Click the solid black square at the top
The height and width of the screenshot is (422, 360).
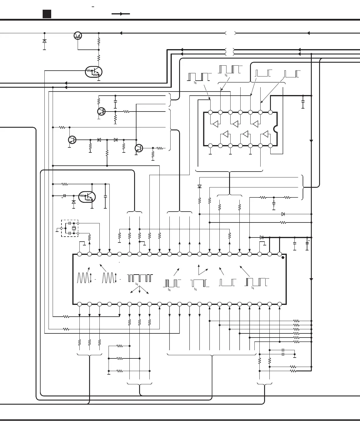pos(47,14)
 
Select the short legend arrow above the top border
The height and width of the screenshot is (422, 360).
pos(121,14)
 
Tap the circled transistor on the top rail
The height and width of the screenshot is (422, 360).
pos(78,36)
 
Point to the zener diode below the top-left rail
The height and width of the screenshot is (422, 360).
pos(44,41)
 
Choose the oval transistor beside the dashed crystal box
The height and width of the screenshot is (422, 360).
pos(87,196)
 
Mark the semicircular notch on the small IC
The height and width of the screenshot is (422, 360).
pos(275,129)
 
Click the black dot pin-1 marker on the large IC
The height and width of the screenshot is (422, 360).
pos(283,257)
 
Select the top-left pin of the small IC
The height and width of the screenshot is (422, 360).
pos(210,112)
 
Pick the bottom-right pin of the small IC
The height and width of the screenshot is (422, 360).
pos(270,145)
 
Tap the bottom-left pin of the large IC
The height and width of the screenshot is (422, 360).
pos(79,304)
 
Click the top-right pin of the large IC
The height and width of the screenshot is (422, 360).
pos(279,254)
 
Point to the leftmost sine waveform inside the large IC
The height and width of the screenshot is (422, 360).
pos(83,278)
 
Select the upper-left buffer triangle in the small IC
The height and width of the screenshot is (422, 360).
pos(215,124)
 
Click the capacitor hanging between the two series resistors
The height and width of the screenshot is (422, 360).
pos(274,203)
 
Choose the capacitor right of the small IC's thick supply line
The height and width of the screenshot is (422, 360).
pos(303,104)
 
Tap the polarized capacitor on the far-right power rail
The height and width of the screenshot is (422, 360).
pos(307,244)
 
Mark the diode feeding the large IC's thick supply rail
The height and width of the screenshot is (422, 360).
pos(261,237)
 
